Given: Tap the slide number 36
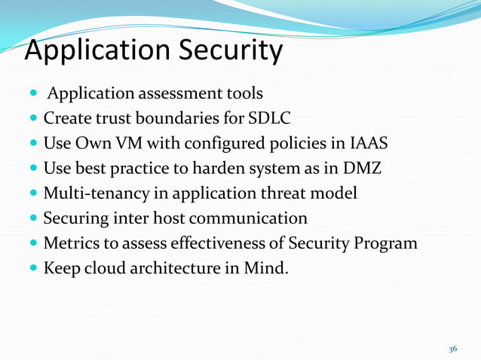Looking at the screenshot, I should [452, 349].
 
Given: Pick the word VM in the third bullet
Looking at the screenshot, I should [117, 143].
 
